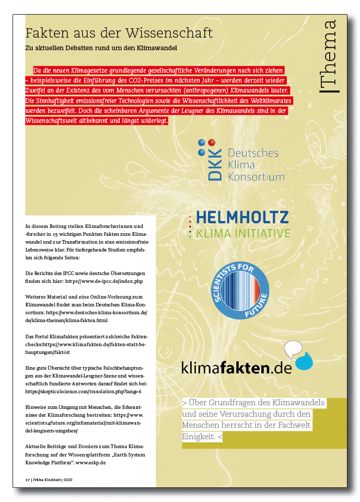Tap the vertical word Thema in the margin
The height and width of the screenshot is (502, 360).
[x=329, y=54]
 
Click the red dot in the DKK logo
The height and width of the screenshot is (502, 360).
[x=211, y=142]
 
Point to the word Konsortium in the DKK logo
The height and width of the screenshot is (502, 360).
[x=256, y=177]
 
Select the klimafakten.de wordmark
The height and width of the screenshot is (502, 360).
[x=236, y=368]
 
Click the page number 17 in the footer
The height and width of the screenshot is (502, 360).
[x=28, y=479]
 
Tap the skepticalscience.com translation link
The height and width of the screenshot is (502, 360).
[x=83, y=391]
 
